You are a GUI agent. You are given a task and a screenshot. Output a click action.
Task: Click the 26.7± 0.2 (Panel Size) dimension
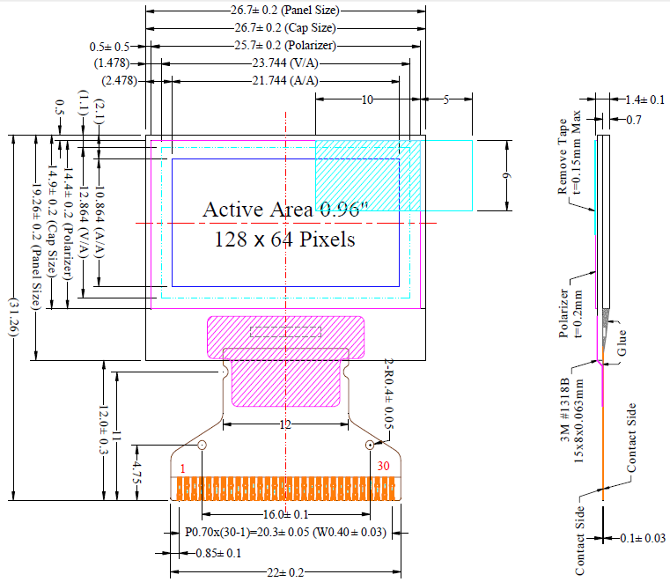[x=285, y=11]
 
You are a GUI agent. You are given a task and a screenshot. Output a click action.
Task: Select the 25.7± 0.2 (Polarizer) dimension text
[x=285, y=46]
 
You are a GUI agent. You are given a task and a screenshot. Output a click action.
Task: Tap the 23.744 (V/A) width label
[x=285, y=63]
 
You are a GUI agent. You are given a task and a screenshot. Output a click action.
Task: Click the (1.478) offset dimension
[x=112, y=63]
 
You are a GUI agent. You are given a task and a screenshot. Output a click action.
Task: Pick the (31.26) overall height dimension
[x=12, y=317]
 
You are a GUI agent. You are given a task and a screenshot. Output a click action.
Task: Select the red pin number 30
[x=384, y=467]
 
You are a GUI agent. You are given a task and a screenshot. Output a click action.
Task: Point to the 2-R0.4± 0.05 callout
[x=388, y=394]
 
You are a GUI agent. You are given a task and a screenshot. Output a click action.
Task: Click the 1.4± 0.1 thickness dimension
[x=645, y=100]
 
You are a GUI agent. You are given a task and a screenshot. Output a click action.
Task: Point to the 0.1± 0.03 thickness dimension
[x=641, y=538]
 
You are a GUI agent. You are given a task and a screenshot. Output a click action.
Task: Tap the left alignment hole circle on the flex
[x=202, y=445]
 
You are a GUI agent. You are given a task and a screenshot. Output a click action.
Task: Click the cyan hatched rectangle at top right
[x=367, y=175]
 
